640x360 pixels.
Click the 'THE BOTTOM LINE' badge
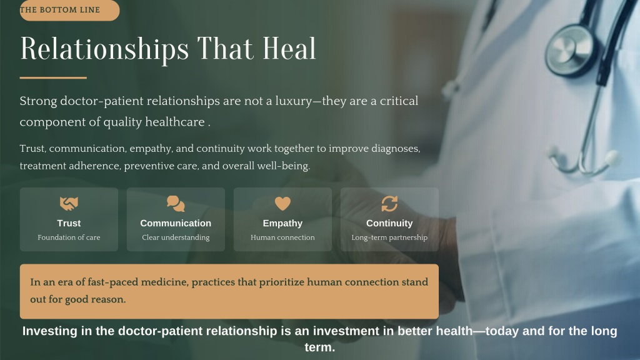tap(69, 10)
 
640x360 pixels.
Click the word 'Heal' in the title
tap(289, 49)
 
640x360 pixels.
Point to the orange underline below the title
tap(53, 77)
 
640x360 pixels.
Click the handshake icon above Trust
tap(69, 203)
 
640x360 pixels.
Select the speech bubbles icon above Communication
tap(176, 204)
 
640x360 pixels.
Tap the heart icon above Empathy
tap(282, 203)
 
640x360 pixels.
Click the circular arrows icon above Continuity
tap(389, 204)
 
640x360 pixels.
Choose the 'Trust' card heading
tap(69, 223)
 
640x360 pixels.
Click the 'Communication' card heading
tap(176, 223)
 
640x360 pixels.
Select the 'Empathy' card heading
tap(282, 224)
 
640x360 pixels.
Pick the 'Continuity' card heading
tap(389, 224)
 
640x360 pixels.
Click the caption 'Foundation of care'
tap(69, 237)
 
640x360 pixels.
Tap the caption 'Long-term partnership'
tap(389, 237)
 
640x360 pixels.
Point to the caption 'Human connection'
tap(282, 237)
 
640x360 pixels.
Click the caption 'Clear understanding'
tap(176, 237)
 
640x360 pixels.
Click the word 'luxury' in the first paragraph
tap(294, 101)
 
